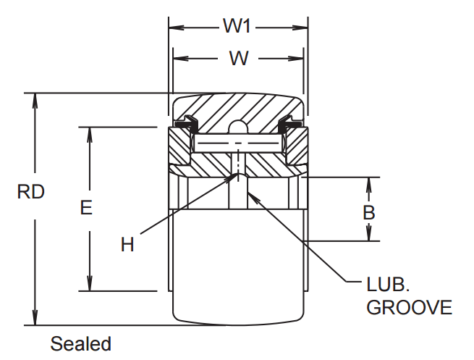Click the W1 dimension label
click(x=236, y=27)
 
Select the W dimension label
click(x=238, y=58)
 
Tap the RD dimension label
click(x=31, y=192)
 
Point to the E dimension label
click(x=86, y=209)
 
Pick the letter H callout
click(x=127, y=245)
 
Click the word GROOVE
click(x=409, y=307)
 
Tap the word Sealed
click(x=80, y=343)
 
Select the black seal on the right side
click(x=291, y=123)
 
